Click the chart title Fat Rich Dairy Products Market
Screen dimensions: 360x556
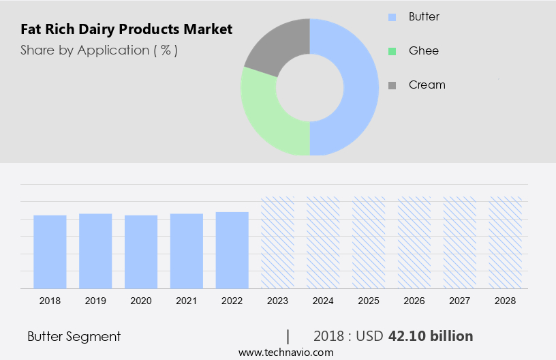pos(126,29)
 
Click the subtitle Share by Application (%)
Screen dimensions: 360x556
pos(99,50)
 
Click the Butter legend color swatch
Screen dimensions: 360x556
pos(392,16)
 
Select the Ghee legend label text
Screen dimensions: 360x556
pos(423,50)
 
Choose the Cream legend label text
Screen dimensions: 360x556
pos(427,85)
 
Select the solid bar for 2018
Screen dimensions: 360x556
pos(50,252)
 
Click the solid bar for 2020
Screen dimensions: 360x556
pos(141,252)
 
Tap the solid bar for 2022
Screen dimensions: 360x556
pos(232,250)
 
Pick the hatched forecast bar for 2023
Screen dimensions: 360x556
pos(277,243)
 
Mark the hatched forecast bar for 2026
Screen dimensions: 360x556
pos(414,243)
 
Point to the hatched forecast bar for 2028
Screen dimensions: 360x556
pos(506,243)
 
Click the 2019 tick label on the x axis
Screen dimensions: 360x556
pos(95,300)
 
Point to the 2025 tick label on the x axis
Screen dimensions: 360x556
pos(369,300)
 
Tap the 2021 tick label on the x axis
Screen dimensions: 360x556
pos(187,300)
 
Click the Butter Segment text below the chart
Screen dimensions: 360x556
pos(74,336)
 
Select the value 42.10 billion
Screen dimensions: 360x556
pos(430,336)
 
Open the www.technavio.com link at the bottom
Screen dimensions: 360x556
pos(285,352)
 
